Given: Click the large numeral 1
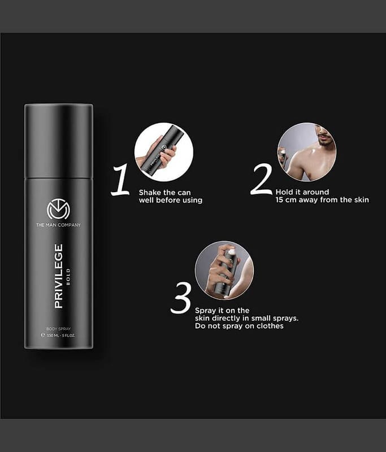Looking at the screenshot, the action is pyautogui.click(x=120, y=180).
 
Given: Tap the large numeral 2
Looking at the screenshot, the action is pyautogui.click(x=261, y=179).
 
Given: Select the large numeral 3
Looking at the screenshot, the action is pyautogui.click(x=181, y=298).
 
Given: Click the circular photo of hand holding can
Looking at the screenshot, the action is pyautogui.click(x=164, y=152).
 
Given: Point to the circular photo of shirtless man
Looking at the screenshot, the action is pyautogui.click(x=307, y=152).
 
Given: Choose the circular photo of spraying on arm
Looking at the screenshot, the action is pyautogui.click(x=224, y=271).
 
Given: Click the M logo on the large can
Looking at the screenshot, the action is pyautogui.click(x=59, y=208).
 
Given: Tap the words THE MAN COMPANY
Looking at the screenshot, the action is pyautogui.click(x=59, y=225).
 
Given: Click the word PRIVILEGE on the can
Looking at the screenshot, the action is pyautogui.click(x=59, y=276).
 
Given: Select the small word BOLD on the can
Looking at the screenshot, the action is pyautogui.click(x=68, y=277).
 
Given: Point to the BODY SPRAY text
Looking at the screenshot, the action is pyautogui.click(x=59, y=329).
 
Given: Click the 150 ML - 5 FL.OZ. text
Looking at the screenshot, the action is pyautogui.click(x=61, y=336).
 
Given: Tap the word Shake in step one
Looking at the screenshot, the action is pyautogui.click(x=150, y=192).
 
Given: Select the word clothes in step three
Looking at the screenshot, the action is pyautogui.click(x=270, y=326).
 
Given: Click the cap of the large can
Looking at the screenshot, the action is pyautogui.click(x=59, y=141).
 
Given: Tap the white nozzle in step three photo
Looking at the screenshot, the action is pyautogui.click(x=232, y=252).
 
